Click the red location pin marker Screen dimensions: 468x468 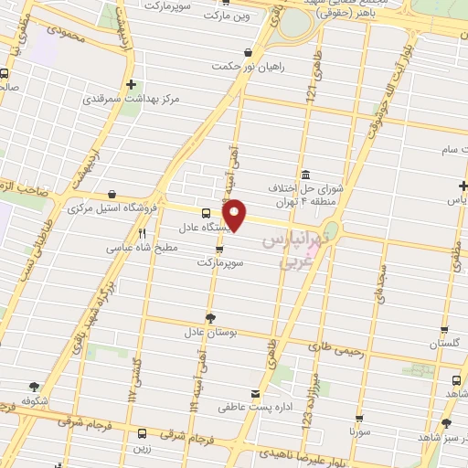236,215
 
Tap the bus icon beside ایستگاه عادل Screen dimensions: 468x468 205,212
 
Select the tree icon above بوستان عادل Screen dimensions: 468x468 211,318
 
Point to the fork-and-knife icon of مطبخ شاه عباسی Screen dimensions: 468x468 142,234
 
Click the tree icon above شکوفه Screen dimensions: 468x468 35,388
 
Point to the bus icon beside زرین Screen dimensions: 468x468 142,434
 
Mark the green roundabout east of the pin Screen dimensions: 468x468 332,229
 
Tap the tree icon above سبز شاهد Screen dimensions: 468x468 446,423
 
